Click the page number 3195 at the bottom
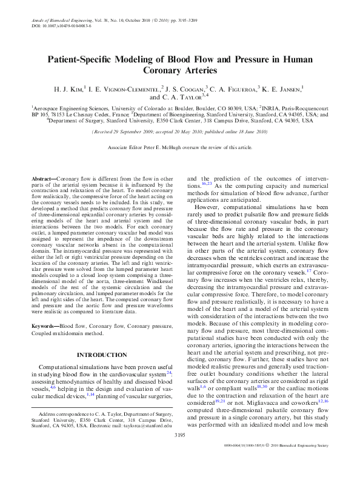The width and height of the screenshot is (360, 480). [180, 452]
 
